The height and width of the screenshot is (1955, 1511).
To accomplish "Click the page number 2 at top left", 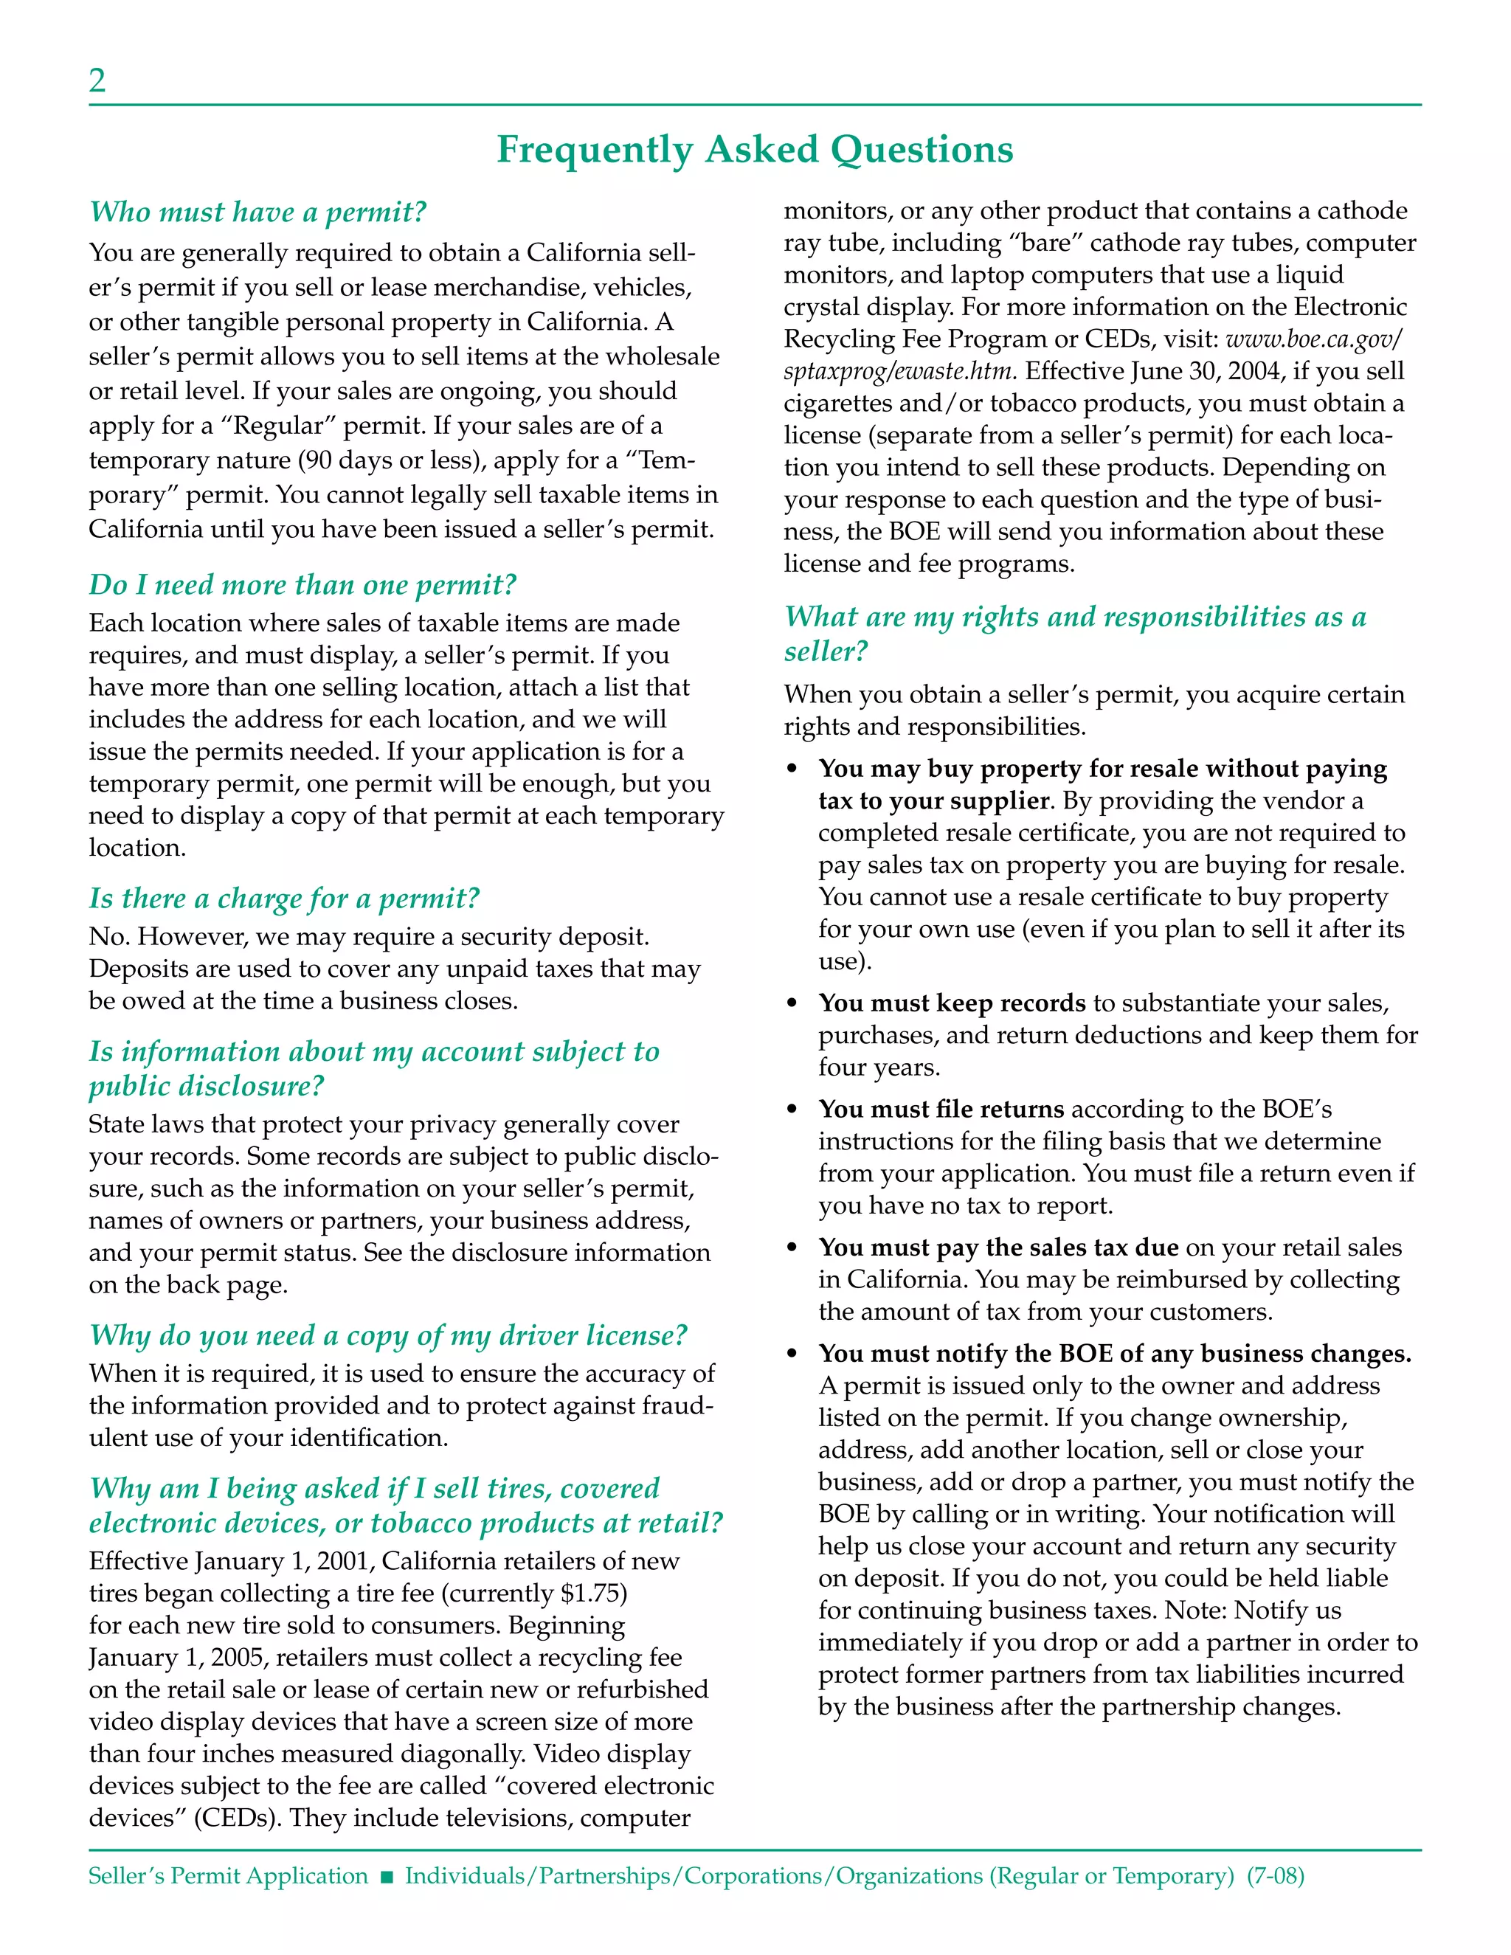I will [97, 81].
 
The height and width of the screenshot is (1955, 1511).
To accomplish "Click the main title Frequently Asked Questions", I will [755, 150].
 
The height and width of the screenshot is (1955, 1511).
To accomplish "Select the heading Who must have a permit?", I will [257, 212].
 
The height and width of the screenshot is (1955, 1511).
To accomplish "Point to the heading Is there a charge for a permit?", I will [284, 898].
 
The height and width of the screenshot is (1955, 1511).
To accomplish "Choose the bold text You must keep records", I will [952, 1003].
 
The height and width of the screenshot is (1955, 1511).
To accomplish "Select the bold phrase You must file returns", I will [941, 1109].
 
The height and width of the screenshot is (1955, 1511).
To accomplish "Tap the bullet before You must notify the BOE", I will [792, 1354].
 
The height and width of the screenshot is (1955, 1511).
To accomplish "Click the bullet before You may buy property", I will [792, 769].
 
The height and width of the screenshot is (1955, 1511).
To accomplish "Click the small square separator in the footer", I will [387, 1877].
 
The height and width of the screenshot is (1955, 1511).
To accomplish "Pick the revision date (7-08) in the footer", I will [1276, 1875].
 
